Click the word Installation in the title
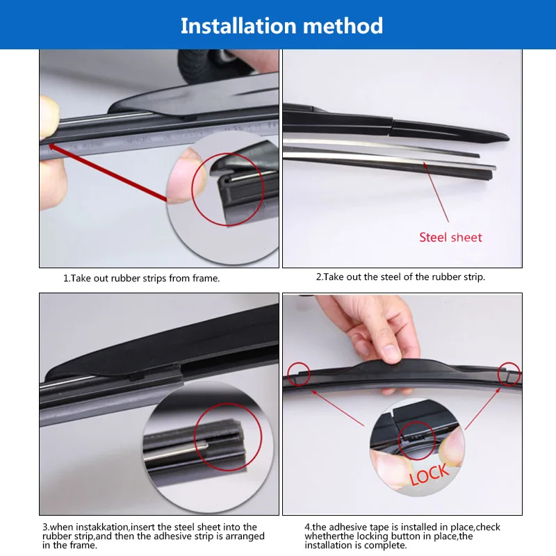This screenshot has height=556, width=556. pyautogui.click(x=238, y=26)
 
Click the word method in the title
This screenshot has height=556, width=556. pyautogui.click(x=343, y=26)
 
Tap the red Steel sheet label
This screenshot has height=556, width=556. pyautogui.click(x=450, y=237)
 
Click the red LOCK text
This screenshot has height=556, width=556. pyautogui.click(x=430, y=475)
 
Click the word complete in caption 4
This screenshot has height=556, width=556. pyautogui.click(x=384, y=545)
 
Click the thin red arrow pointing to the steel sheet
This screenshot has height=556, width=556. pyautogui.click(x=436, y=193)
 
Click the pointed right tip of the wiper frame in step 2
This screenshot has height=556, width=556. pyautogui.click(x=508, y=137)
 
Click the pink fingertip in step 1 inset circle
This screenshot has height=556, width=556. pyautogui.click(x=186, y=177)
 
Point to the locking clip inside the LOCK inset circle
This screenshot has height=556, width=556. pyautogui.click(x=416, y=437)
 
